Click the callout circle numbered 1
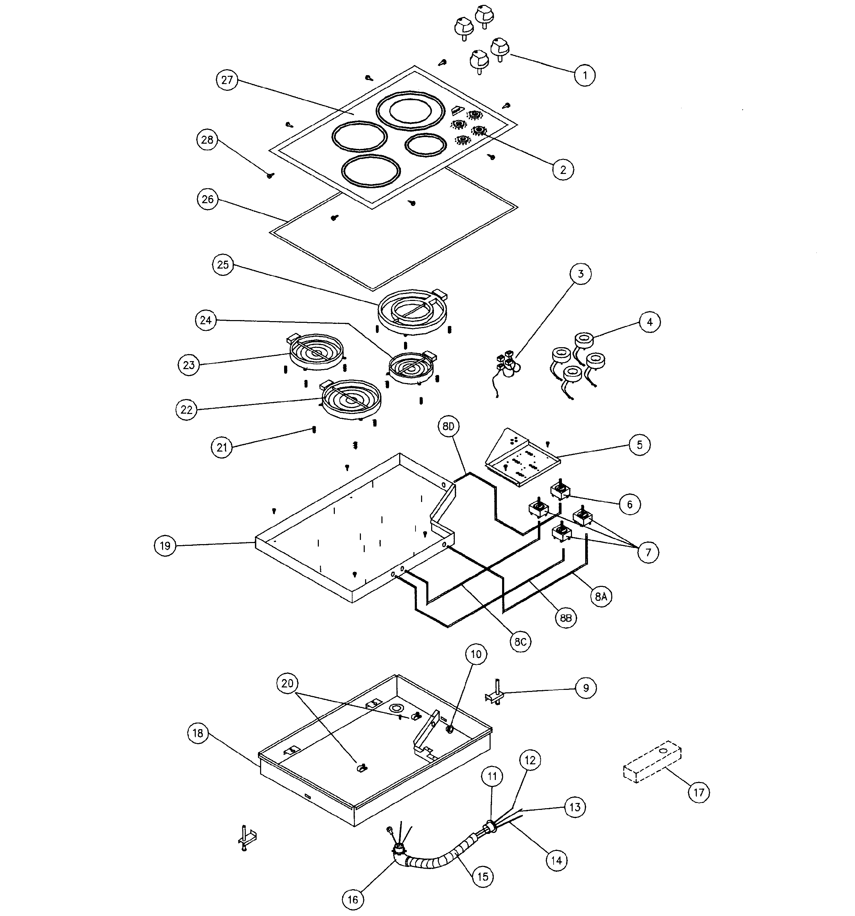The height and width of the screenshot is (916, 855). [x=585, y=75]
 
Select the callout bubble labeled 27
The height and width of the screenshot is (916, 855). [x=227, y=80]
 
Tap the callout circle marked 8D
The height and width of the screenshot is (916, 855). [x=449, y=427]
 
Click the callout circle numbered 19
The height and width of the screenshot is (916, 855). [x=165, y=546]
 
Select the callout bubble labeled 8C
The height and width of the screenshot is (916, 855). [x=520, y=642]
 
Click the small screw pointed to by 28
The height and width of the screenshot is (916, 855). [x=270, y=175]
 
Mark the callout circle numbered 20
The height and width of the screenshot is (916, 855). [x=287, y=683]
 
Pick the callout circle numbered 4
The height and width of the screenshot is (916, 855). [x=650, y=322]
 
